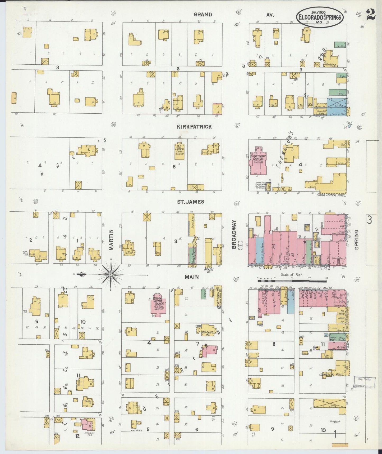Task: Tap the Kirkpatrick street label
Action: tap(194, 127)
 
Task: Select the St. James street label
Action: tap(190, 202)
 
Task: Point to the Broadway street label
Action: tap(234, 239)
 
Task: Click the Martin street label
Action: tap(111, 240)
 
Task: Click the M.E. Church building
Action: tap(179, 151)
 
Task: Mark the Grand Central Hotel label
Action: tap(331, 195)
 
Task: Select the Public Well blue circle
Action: tap(349, 126)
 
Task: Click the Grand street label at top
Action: tap(203, 15)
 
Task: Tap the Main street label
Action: tap(192, 277)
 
